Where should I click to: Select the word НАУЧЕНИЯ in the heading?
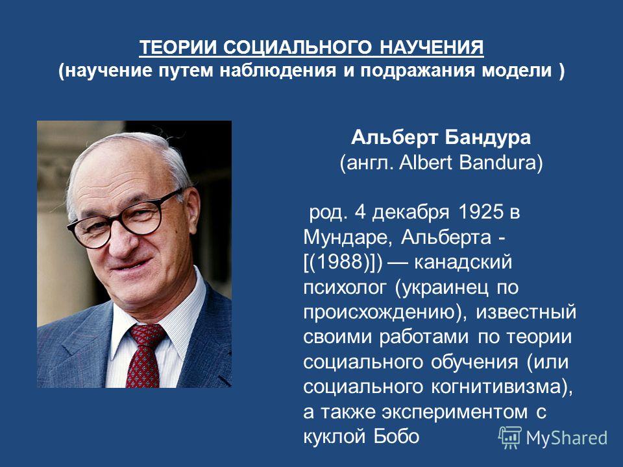(432, 47)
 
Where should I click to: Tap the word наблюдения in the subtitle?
(277, 70)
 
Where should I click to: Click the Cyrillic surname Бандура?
(487, 138)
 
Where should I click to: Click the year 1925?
(480, 212)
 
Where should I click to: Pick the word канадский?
(463, 263)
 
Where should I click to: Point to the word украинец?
(446, 288)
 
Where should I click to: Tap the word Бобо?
(396, 437)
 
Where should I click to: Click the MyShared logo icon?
(510, 438)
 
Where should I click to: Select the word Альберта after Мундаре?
(446, 238)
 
